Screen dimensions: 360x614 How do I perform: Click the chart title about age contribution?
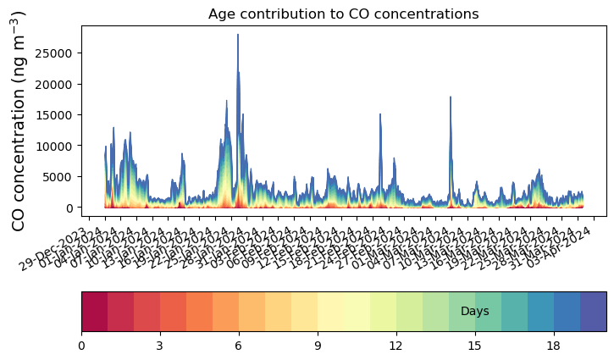pos(344,14)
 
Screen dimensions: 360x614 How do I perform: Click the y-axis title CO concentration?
pos(19,120)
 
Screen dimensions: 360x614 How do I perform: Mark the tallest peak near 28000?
pos(238,35)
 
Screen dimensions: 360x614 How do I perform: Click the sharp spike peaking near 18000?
pos(451,97)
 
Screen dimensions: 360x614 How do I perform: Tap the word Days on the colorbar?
pos(475,312)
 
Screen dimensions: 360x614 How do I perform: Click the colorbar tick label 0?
pos(81,345)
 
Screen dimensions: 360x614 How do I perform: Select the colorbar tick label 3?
pos(160,345)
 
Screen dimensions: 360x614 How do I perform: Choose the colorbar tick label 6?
pos(239,345)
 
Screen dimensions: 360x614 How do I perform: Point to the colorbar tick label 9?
pos(318,345)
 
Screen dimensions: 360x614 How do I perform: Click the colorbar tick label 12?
pos(396,345)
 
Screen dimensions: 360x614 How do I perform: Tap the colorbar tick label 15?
pos(475,345)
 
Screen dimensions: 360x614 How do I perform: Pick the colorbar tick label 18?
pos(554,345)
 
